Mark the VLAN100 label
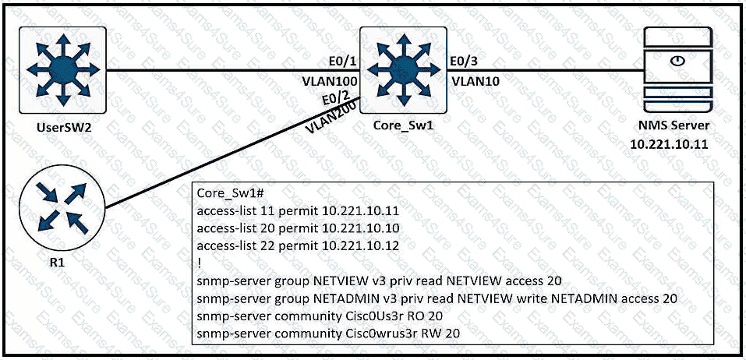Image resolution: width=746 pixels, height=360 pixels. tap(330, 80)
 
